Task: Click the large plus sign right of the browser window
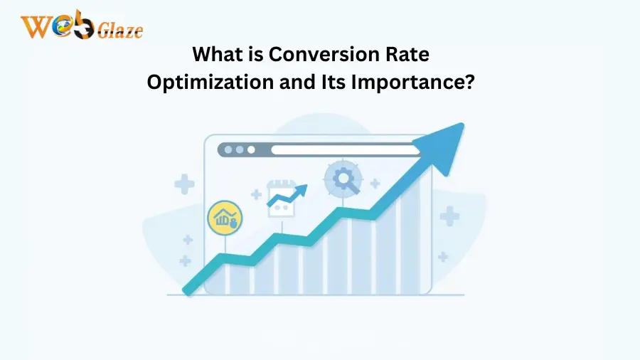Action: [x=449, y=216]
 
